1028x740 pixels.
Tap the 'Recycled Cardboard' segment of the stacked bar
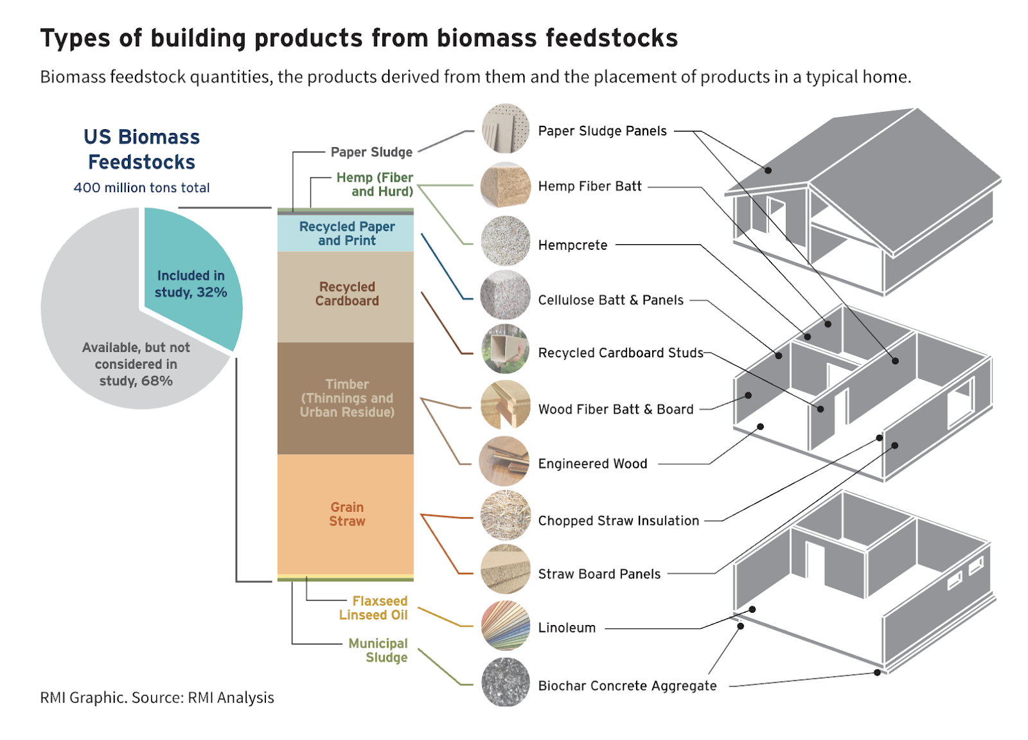[346, 296]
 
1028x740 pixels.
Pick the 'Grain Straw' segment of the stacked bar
[346, 514]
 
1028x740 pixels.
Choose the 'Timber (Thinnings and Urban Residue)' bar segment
[346, 398]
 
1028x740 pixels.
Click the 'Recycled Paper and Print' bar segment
[346, 233]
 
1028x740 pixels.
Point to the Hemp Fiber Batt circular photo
[505, 186]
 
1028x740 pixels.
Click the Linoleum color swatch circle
[505, 626]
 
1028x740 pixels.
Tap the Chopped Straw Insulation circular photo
[505, 516]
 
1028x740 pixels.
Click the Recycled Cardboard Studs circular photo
[505, 349]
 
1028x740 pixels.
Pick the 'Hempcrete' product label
[572, 245]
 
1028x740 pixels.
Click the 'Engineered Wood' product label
[592, 464]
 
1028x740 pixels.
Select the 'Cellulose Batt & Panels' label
[610, 300]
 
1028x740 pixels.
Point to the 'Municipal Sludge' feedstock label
[378, 651]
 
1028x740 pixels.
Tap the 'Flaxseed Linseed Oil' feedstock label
[373, 608]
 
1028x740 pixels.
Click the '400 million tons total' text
[141, 188]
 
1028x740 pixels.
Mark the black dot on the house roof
[768, 170]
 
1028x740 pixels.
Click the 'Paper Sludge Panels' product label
[602, 131]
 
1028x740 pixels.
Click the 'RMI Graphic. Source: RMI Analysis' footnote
[157, 698]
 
